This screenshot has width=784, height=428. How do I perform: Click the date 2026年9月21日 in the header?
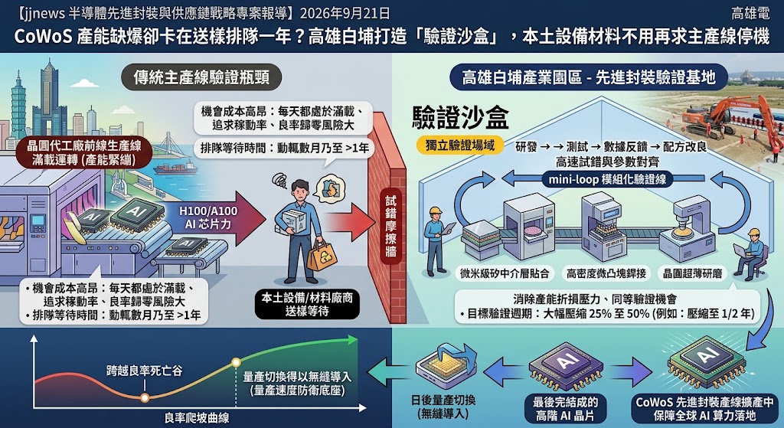click(345, 12)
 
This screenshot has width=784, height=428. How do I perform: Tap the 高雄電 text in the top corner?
click(750, 12)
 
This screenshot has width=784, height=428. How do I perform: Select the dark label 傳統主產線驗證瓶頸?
click(201, 77)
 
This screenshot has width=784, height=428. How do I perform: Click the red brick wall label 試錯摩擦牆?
click(391, 226)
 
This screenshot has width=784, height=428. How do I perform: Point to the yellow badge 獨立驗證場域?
click(460, 145)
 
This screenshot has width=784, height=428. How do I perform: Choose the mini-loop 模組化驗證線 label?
click(607, 179)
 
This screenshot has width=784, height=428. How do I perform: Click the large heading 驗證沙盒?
click(460, 119)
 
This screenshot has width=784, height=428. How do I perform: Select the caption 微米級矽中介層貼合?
click(505, 273)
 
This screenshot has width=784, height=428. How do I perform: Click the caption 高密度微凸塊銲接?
click(606, 273)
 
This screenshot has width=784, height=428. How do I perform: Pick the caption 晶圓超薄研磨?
click(692, 273)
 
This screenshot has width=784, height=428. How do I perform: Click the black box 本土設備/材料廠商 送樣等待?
click(307, 304)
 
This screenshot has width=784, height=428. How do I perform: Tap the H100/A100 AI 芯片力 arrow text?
click(208, 217)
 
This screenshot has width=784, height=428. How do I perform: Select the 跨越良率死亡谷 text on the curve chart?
click(144, 371)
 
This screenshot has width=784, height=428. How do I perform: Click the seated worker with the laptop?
click(750, 255)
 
